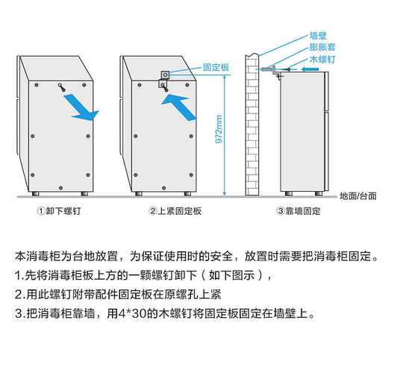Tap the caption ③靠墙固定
click(x=298, y=211)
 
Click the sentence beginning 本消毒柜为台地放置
click(x=198, y=256)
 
